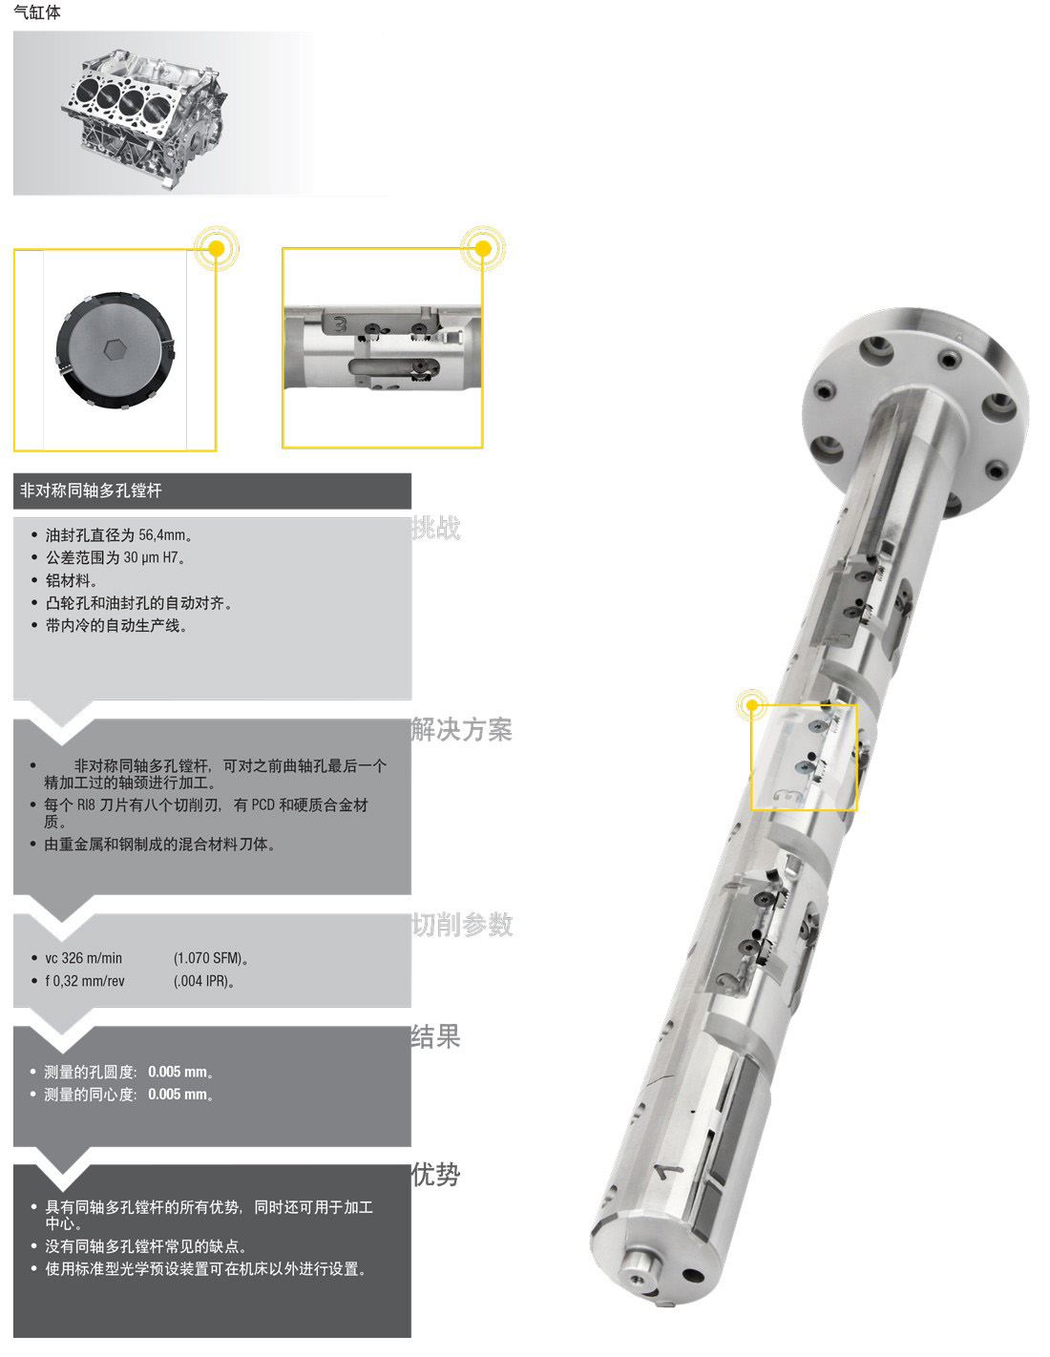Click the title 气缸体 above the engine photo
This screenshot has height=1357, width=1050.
click(37, 11)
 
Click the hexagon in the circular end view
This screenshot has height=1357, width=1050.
click(114, 349)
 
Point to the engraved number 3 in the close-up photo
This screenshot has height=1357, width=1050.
click(339, 324)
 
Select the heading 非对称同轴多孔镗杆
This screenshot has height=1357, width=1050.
click(92, 491)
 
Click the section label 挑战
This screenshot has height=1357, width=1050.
click(436, 528)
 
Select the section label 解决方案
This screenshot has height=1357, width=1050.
click(462, 729)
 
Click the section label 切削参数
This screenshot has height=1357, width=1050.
click(462, 925)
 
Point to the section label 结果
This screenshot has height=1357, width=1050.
click(436, 1036)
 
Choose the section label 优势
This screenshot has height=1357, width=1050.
click(436, 1175)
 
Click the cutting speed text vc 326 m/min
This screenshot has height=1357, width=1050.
click(84, 958)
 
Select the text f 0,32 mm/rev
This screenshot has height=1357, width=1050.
click(85, 981)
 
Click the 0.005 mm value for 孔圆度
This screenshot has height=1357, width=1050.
click(178, 1072)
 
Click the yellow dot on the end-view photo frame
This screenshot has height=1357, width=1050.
click(217, 248)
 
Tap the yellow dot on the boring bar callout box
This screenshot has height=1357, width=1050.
click(752, 705)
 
